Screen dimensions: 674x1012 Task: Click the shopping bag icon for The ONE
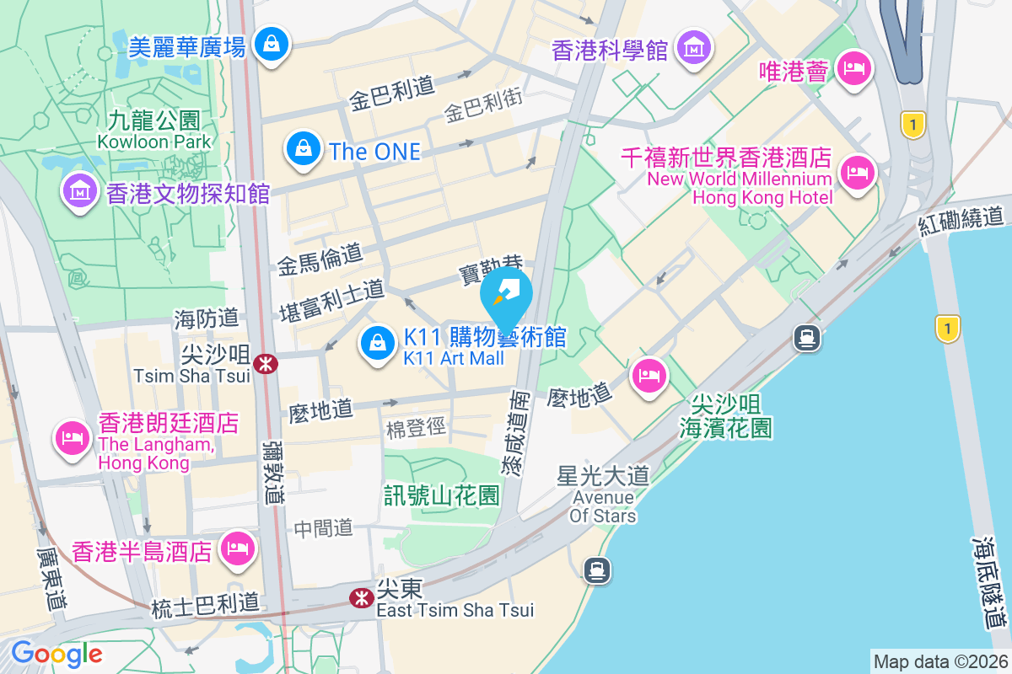click(x=301, y=149)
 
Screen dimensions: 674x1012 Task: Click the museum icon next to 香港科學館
click(x=693, y=47)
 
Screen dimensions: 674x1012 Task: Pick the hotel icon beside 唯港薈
click(x=854, y=67)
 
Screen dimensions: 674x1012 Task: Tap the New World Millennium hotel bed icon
click(x=858, y=173)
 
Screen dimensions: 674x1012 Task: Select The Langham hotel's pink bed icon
click(x=72, y=436)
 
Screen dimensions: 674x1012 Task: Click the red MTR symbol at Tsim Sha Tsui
click(x=266, y=363)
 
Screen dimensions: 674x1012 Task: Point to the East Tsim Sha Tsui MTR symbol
click(x=362, y=597)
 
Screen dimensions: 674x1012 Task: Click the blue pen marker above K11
click(x=506, y=294)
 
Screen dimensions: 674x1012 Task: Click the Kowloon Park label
click(x=154, y=142)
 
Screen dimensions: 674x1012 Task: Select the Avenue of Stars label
click(x=603, y=506)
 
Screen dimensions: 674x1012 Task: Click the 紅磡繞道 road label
click(x=964, y=221)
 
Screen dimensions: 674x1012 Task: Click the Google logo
click(x=57, y=653)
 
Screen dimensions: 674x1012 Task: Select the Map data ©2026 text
click(x=939, y=661)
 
